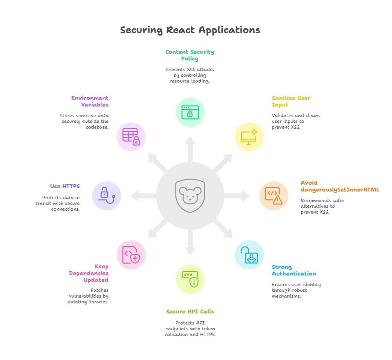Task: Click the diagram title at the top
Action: pyautogui.click(x=190, y=30)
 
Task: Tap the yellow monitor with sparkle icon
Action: pyautogui.click(x=249, y=137)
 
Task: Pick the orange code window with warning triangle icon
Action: pyautogui.click(x=273, y=196)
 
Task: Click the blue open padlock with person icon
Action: pyautogui.click(x=249, y=254)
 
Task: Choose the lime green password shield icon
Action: pyautogui.click(x=190, y=279)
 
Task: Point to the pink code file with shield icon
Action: pyautogui.click(x=131, y=254)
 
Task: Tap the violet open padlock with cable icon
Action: pyautogui.click(x=107, y=196)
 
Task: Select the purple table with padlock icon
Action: pyautogui.click(x=131, y=137)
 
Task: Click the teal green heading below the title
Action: pyautogui.click(x=190, y=55)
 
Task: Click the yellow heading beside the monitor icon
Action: pyautogui.click(x=291, y=101)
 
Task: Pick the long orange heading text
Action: pyautogui.click(x=339, y=186)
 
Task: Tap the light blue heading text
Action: pyautogui.click(x=294, y=270)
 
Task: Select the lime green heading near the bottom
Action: pyautogui.click(x=190, y=312)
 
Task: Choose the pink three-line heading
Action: pyautogui.click(x=89, y=273)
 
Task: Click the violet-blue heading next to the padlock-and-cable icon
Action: pyautogui.click(x=65, y=186)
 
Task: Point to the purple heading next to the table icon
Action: pyautogui.click(x=90, y=101)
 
